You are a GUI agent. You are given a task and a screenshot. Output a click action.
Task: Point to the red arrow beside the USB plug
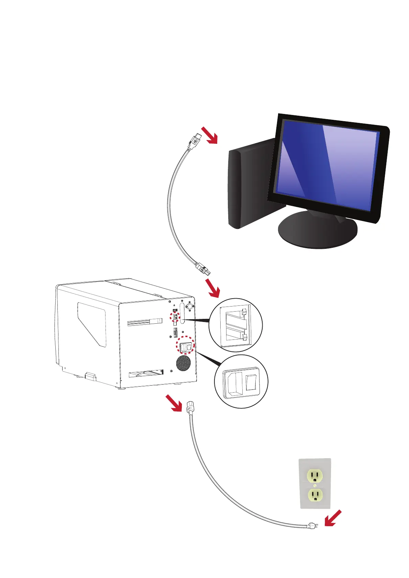(x=210, y=135)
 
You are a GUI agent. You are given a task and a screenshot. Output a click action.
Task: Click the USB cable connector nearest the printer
(x=203, y=268)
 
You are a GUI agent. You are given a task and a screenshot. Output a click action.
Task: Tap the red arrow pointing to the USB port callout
(x=212, y=288)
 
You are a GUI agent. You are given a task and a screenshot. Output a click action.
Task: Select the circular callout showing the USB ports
(x=236, y=325)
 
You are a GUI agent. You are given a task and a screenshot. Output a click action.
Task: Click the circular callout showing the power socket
(x=241, y=381)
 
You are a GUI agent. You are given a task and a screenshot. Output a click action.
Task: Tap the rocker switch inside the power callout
(x=251, y=382)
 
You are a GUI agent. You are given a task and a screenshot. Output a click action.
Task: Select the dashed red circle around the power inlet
(x=185, y=347)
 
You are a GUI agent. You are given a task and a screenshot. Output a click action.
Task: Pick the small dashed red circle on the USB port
(x=175, y=316)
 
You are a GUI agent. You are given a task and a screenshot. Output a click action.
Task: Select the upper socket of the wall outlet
(x=315, y=476)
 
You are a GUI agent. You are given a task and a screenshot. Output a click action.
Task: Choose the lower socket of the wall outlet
(x=315, y=495)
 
